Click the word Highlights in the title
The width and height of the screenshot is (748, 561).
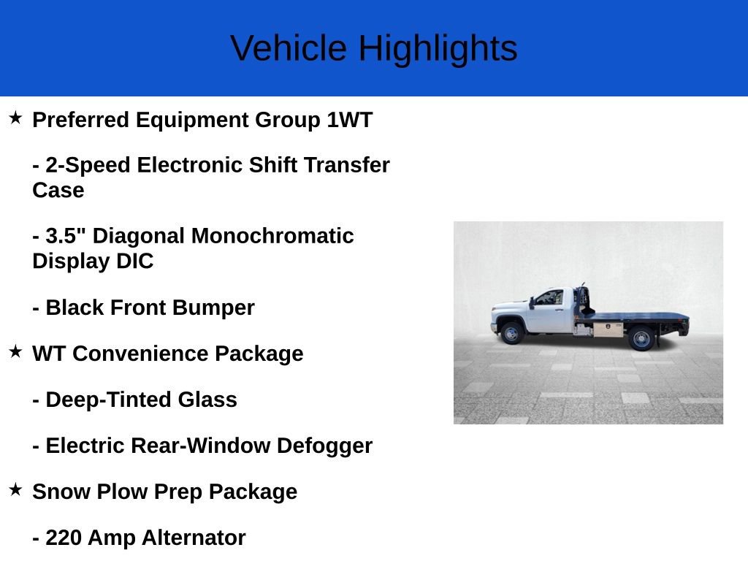pos(438,48)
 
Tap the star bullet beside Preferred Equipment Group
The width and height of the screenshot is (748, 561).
pos(15,118)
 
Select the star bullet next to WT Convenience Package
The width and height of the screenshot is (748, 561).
pos(15,351)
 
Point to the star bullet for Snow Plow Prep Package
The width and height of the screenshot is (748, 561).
pos(15,489)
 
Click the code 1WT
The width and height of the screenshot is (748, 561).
pos(349,120)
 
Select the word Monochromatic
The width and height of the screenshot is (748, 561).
pos(272,236)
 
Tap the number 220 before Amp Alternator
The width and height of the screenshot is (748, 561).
pos(64,538)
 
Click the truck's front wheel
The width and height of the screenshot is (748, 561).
pos(511,334)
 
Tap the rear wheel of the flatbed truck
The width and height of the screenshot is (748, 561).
pos(641,338)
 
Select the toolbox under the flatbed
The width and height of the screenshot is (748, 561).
pos(607,329)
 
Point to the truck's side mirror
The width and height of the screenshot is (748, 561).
pos(533,299)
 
